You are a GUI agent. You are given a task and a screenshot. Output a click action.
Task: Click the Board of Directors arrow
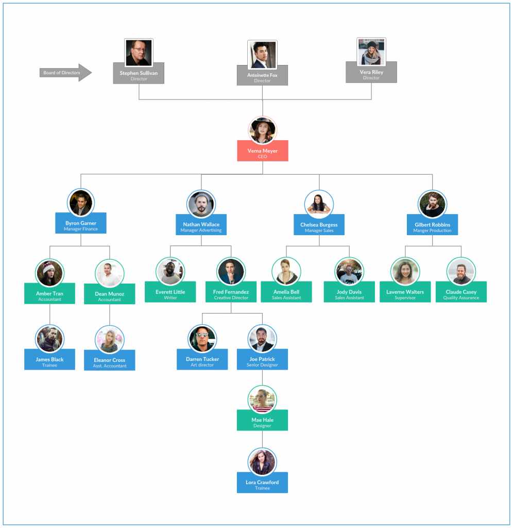[65, 72]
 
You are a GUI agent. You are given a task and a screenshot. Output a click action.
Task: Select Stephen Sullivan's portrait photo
[139, 53]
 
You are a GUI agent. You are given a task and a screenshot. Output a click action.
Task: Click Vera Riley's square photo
[371, 52]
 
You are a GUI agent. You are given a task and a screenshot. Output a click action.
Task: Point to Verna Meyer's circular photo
[262, 130]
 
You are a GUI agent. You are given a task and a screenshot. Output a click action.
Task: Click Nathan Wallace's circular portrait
[201, 204]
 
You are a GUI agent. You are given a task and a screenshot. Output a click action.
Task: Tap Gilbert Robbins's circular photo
[432, 204]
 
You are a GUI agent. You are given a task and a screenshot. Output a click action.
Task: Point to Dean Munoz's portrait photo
[110, 273]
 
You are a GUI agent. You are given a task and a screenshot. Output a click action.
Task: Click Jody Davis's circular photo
[349, 272]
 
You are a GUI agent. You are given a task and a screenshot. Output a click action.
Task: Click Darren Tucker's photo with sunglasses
[202, 339]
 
